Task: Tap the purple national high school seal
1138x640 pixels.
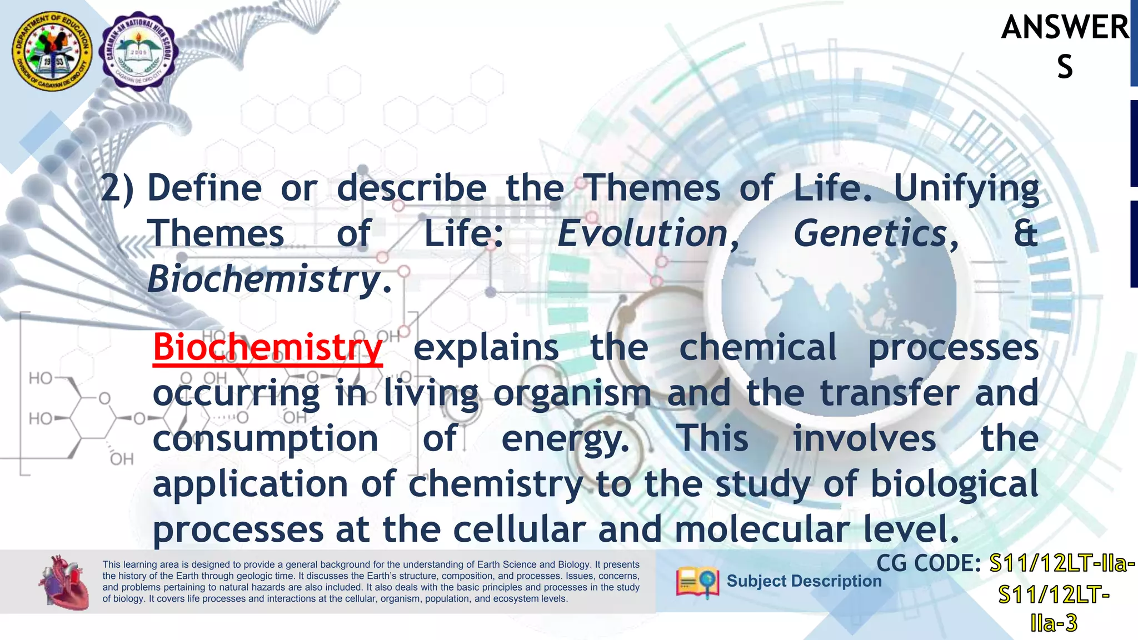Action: pos(138,52)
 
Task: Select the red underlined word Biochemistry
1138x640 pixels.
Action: pos(267,348)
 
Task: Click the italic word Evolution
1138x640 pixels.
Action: pos(643,233)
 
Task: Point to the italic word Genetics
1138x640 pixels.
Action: pos(871,233)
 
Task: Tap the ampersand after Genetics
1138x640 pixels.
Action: pos(1025,233)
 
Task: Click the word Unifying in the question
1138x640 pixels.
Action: pos(966,189)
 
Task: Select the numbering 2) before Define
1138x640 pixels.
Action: pos(117,189)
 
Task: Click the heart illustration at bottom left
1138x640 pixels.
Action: pos(64,582)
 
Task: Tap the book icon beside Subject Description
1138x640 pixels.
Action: pos(697,582)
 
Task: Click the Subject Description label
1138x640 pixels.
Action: pos(804,581)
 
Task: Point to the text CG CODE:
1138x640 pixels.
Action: pos(929,564)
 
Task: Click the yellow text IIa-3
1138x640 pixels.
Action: pos(1054,623)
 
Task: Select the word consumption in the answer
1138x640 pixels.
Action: pos(266,439)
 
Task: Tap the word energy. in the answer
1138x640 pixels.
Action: pos(565,439)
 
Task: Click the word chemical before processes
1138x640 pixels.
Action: pos(757,348)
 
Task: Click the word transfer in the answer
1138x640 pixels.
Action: pos(890,393)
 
